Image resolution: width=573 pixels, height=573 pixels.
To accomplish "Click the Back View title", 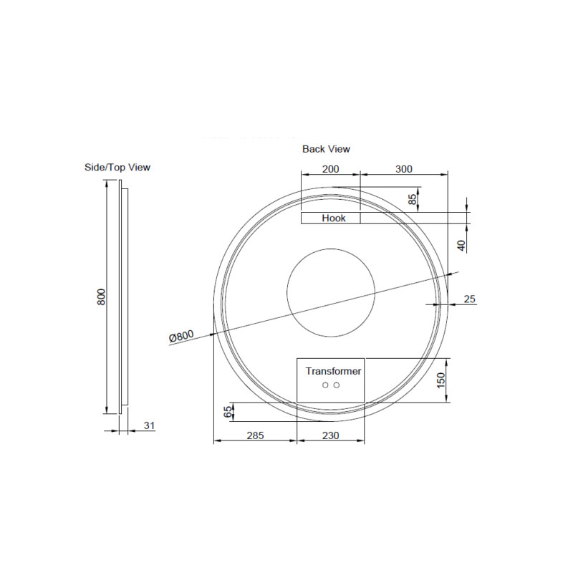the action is [x=326, y=149].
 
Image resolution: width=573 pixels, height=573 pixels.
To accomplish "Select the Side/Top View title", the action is [x=117, y=168].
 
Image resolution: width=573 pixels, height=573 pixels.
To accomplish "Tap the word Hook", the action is [x=334, y=218].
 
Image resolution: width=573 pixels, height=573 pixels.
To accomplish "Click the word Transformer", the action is [x=333, y=371].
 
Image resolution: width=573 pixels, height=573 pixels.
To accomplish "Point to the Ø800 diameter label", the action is [x=181, y=336].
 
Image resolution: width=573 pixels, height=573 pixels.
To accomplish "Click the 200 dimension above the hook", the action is [x=330, y=169].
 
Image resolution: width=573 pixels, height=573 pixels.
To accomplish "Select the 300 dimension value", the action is [x=404, y=169].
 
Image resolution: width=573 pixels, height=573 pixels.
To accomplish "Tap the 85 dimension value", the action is [x=413, y=200].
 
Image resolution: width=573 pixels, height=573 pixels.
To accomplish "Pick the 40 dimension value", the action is [x=462, y=246].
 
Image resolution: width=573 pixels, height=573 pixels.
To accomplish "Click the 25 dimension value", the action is [x=470, y=299].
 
